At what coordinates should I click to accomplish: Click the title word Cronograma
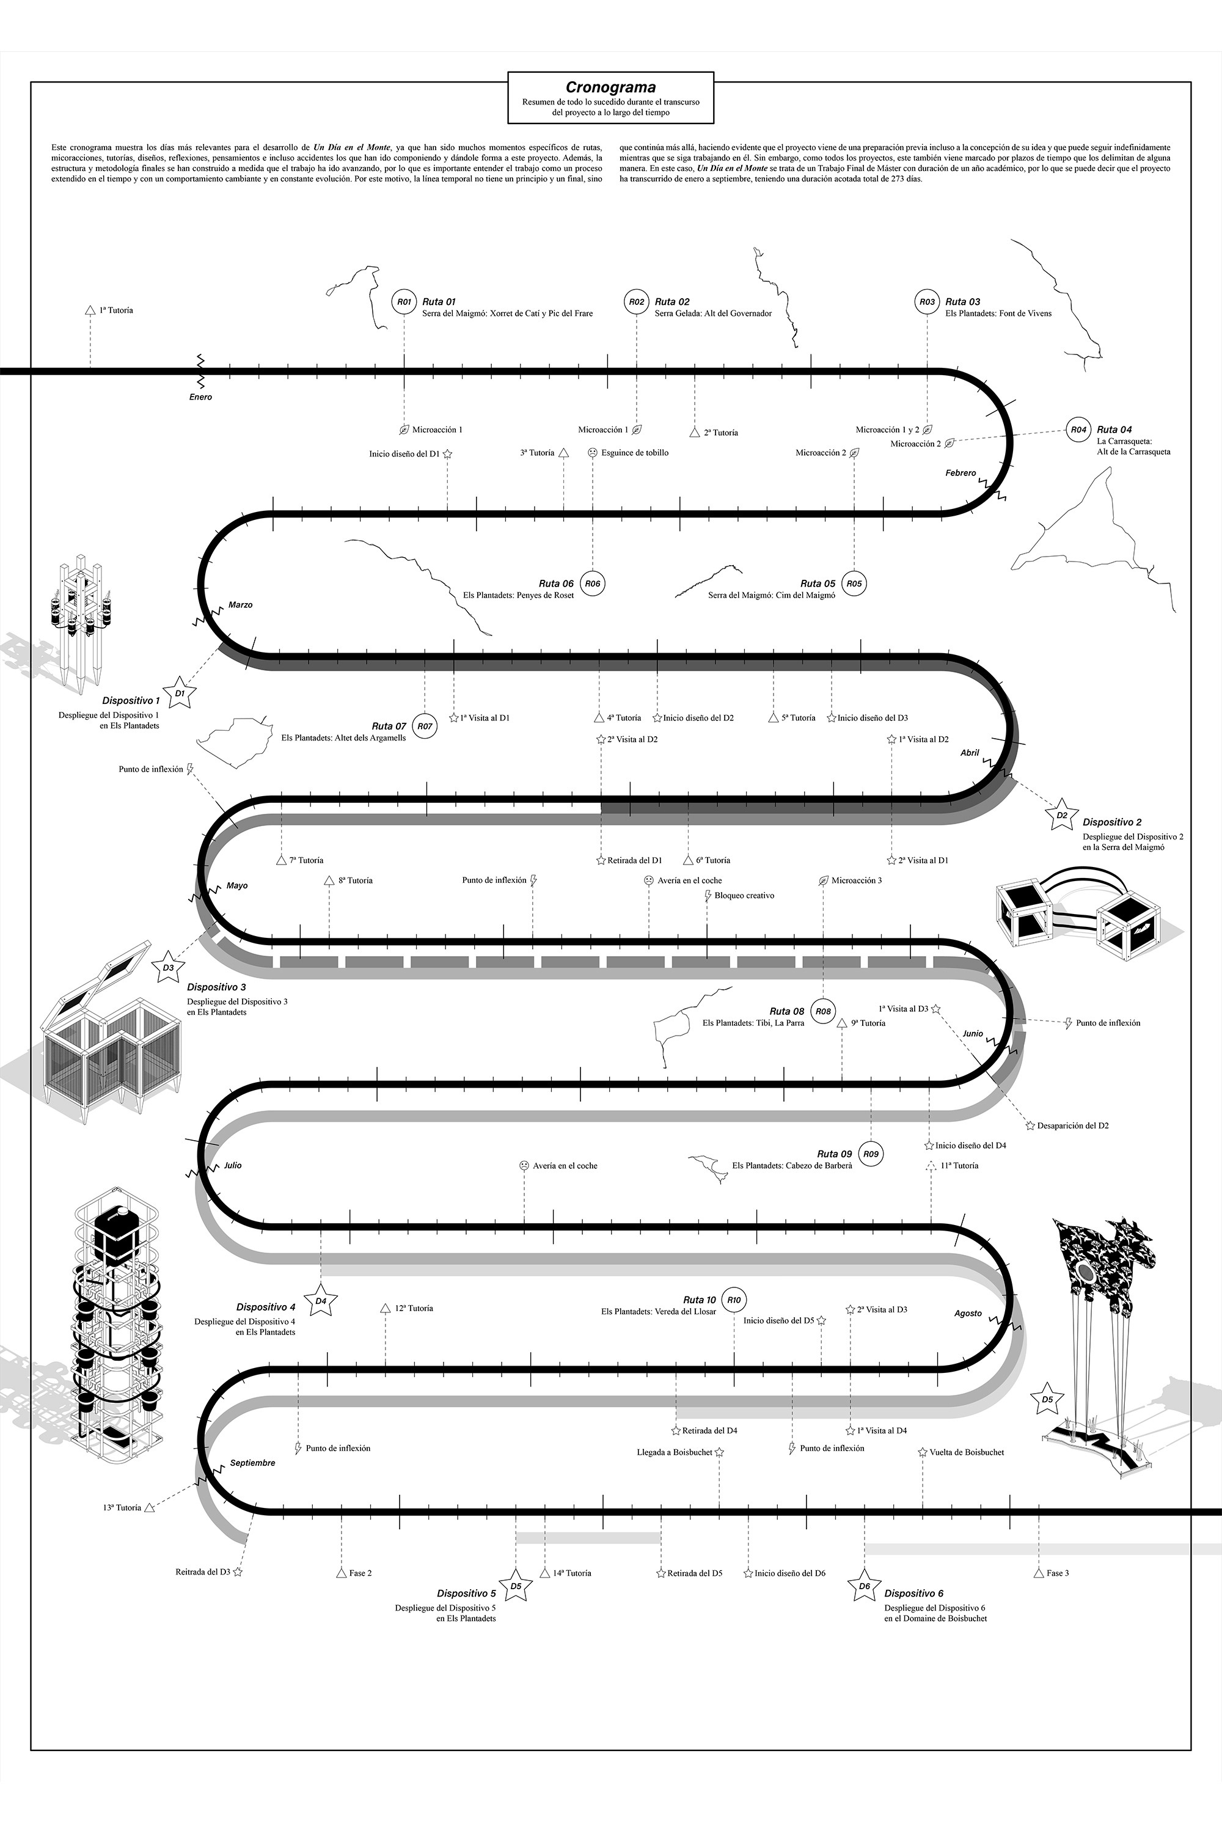[610, 88]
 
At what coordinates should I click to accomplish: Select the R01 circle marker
[404, 302]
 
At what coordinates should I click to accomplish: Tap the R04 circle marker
[1078, 430]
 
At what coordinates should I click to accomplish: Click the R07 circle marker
[424, 726]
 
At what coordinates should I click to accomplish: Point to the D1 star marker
[180, 693]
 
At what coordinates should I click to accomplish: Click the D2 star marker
[1061, 815]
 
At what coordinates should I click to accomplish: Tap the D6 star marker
[863, 1586]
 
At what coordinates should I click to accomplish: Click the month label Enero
[200, 398]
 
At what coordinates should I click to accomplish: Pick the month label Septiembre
[252, 1463]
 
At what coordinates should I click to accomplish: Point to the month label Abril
[970, 753]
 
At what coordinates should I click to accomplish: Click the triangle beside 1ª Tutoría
[90, 310]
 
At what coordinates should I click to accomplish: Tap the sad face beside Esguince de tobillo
[592, 453]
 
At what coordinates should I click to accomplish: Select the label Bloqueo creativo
[744, 896]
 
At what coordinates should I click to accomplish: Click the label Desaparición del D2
[1072, 1125]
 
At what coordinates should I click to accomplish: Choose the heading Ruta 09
[834, 1154]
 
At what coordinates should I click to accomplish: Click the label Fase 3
[1058, 1573]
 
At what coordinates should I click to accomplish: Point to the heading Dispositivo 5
[466, 1593]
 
